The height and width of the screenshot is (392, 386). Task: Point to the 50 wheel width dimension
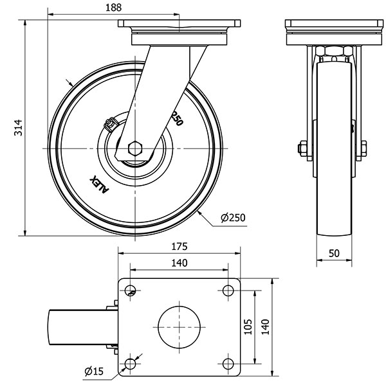pyautogui.click(x=334, y=253)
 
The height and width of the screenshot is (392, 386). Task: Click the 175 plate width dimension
pyautogui.click(x=179, y=246)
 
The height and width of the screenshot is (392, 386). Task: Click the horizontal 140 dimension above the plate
pyautogui.click(x=179, y=262)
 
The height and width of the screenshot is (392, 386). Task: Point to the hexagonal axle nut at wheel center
pyautogui.click(x=135, y=148)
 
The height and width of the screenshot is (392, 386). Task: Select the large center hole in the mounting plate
pyautogui.click(x=178, y=326)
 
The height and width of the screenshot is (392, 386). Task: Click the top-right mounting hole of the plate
pyautogui.click(x=227, y=290)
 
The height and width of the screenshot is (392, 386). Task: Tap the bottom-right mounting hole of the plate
pyautogui.click(x=227, y=364)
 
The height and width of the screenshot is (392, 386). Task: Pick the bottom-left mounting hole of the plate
pyautogui.click(x=131, y=364)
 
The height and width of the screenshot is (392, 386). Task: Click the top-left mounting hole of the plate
pyautogui.click(x=131, y=290)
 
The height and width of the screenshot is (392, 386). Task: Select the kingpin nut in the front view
pyautogui.click(x=334, y=51)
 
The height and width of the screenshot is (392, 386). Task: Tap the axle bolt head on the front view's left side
pyautogui.click(x=301, y=149)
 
